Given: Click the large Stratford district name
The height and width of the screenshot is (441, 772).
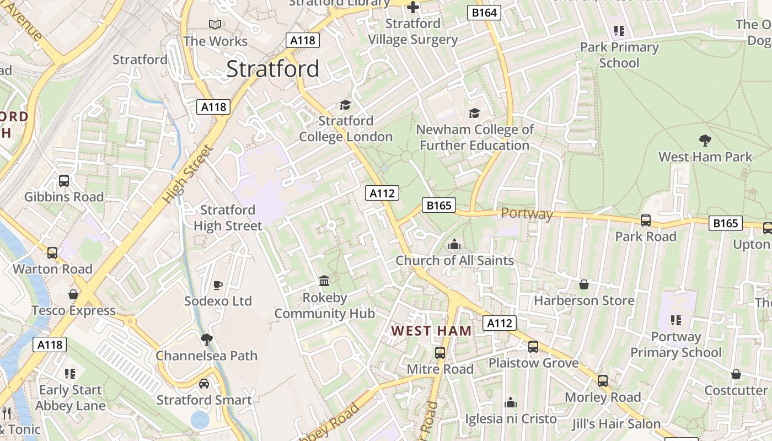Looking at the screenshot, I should [x=273, y=69].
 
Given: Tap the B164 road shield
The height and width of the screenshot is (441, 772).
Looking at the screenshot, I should [x=484, y=13].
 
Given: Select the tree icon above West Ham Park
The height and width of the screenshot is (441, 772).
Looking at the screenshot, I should [x=705, y=140].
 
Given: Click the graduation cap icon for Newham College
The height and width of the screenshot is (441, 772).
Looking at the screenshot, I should [x=474, y=114].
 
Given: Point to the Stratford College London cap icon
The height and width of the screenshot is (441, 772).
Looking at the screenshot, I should [x=345, y=105].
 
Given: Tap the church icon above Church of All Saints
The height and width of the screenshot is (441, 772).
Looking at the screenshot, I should [x=454, y=244].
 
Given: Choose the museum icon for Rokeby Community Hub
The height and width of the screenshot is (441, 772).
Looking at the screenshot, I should [x=324, y=281].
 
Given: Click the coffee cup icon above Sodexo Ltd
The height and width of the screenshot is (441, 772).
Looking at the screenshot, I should [x=218, y=285].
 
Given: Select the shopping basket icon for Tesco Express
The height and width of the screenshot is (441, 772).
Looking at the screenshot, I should [x=73, y=294].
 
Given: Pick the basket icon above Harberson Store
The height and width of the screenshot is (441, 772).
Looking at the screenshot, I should [x=584, y=284].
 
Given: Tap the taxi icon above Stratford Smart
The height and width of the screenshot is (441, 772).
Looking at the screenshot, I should [x=204, y=384].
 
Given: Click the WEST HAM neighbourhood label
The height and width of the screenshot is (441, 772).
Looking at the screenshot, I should [x=431, y=331].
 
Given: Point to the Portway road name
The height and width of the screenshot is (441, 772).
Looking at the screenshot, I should [x=527, y=214].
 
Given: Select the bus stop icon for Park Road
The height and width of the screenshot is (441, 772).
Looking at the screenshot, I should [x=645, y=220].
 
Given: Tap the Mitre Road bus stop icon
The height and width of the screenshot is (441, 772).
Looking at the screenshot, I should [x=439, y=353].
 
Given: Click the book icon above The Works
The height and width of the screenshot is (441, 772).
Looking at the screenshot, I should [x=215, y=24].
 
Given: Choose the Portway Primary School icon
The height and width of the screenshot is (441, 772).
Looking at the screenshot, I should [x=675, y=320].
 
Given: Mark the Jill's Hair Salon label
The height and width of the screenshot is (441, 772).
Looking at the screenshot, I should [x=616, y=424].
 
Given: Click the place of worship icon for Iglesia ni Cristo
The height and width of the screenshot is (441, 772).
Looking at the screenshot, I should [x=511, y=402].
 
